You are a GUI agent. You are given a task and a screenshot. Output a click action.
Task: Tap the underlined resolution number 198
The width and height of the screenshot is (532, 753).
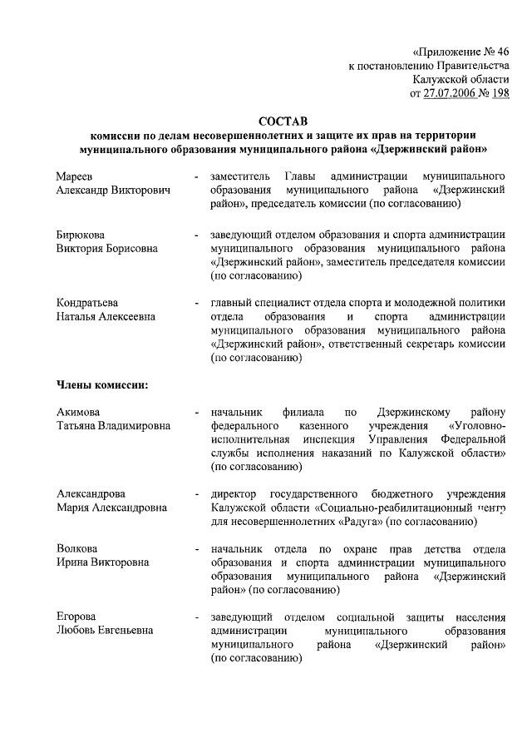(499, 93)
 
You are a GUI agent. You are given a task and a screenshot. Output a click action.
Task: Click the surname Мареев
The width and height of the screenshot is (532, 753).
(75, 176)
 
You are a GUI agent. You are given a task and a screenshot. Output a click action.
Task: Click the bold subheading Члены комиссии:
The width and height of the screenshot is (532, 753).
(102, 384)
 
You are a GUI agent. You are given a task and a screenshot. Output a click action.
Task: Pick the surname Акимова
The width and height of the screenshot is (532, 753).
(79, 412)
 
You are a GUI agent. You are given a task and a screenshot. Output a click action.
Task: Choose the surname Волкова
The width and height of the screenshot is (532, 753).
(77, 548)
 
